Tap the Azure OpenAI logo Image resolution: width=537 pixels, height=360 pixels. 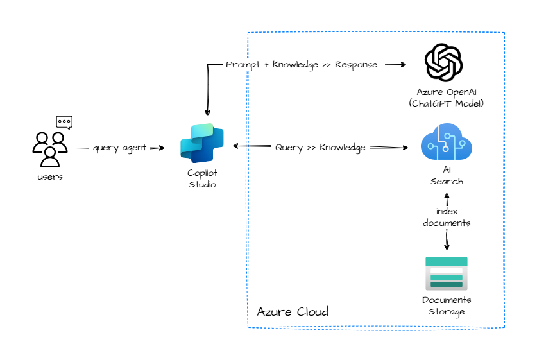tap(444, 63)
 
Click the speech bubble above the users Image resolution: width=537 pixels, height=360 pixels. tap(64, 121)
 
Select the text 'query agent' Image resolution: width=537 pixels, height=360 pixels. tap(120, 148)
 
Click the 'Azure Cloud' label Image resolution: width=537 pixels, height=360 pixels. tap(293, 312)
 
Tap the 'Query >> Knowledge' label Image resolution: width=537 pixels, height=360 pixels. tap(320, 148)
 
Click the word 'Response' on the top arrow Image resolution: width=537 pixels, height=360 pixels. tap(355, 65)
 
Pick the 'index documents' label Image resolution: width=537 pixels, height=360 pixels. tap(447, 218)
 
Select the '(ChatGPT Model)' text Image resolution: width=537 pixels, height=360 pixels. tap(446, 103)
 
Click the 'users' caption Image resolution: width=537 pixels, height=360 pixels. tap(50, 177)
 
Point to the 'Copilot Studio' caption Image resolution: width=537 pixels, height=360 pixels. tap(202, 179)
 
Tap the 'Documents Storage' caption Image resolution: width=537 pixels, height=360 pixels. tap(447, 306)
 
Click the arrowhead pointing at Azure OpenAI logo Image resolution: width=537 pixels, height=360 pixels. tap(404, 65)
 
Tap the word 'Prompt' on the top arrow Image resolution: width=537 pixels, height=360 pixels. tap(243, 65)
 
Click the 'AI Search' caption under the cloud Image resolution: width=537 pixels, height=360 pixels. tap(447, 176)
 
